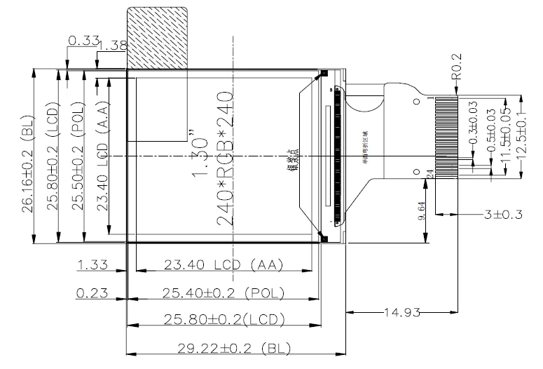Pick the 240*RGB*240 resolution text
(x=226, y=156)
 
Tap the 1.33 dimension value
(x=92, y=264)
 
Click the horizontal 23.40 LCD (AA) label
(x=222, y=264)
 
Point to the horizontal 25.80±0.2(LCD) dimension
(x=222, y=319)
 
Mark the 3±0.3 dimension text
(x=504, y=214)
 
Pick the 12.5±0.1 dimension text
(x=518, y=133)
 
